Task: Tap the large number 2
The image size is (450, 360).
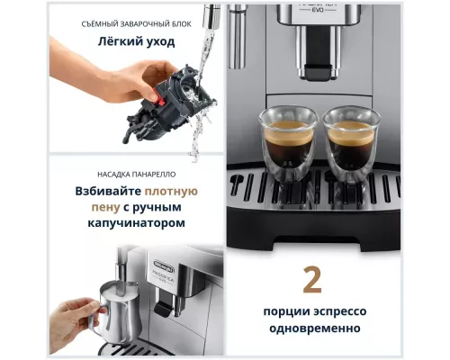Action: point(312,279)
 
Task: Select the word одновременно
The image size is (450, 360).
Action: point(312,328)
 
